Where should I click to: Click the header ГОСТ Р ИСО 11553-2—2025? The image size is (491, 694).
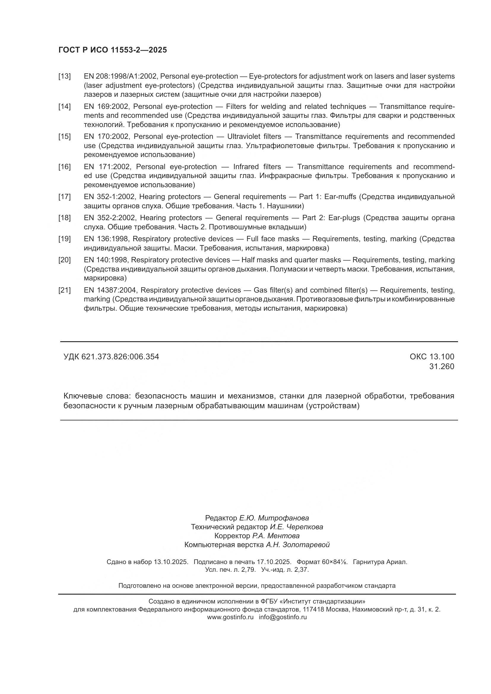coord(113,50)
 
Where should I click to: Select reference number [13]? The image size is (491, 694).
coord(64,76)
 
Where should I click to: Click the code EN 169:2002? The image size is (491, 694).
coord(107,107)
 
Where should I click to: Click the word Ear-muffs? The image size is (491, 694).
coord(340,197)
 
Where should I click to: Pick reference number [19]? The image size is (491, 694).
coord(64,239)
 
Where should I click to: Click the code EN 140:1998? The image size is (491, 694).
coord(106,260)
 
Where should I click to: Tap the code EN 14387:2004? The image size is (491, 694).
coord(111,290)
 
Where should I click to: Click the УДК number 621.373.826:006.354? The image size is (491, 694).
coord(120,357)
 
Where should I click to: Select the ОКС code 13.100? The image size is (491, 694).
coord(443,357)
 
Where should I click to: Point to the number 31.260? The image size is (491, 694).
coord(441,367)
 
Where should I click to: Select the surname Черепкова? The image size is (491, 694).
coord(305,527)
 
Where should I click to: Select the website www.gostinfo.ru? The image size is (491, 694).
coord(230,617)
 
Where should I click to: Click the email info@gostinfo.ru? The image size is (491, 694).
coord(282,617)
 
